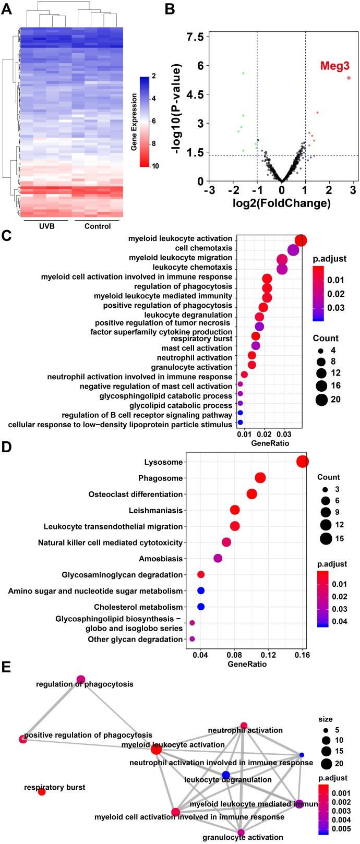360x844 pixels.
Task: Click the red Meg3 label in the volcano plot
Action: tap(334, 66)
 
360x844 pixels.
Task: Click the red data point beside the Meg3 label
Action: tap(349, 78)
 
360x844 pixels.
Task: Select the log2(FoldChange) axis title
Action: tap(281, 203)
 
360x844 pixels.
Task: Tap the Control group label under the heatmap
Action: tap(97, 226)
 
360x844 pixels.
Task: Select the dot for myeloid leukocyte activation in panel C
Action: tap(301, 240)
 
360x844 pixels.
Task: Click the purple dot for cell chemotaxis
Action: tap(293, 250)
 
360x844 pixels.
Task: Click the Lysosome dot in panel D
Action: tap(302, 462)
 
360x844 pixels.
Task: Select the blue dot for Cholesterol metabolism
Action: tap(201, 607)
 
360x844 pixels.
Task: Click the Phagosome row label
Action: tap(161, 478)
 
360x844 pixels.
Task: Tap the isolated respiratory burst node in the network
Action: tap(42, 792)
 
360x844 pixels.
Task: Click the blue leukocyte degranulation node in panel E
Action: tap(225, 775)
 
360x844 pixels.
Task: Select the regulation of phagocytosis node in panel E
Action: tap(81, 679)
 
